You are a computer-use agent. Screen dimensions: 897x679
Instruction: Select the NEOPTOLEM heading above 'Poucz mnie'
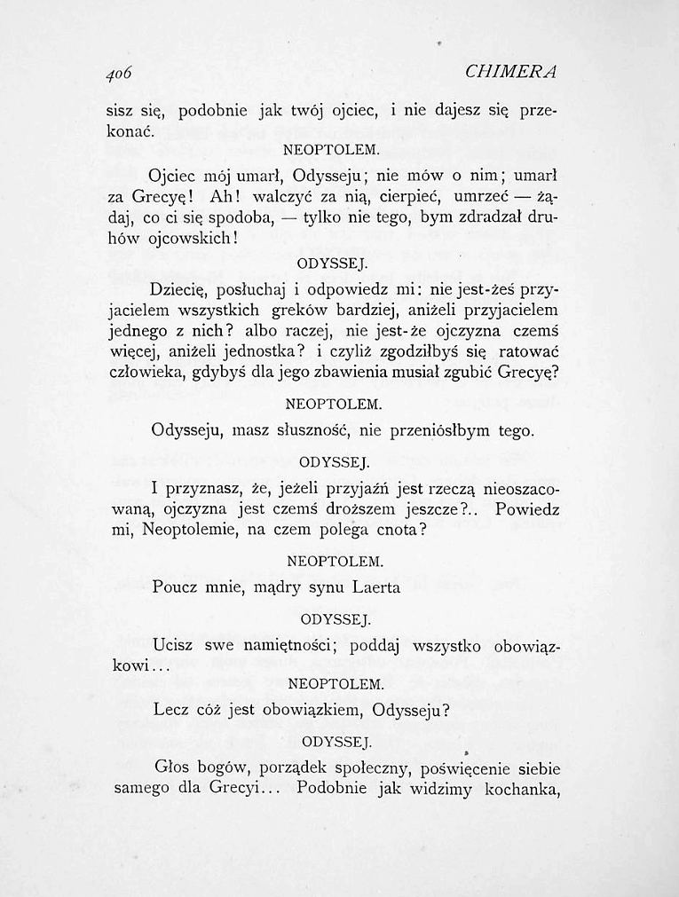tap(336, 562)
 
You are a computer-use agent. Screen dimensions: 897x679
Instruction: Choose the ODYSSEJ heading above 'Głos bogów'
tap(336, 741)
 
